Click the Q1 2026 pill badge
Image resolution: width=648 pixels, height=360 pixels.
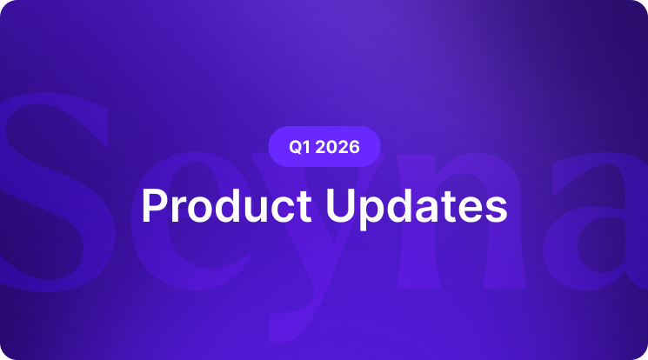(x=324, y=147)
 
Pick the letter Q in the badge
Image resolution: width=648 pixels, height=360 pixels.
(x=296, y=147)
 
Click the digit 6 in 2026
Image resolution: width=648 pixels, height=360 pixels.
(x=352, y=147)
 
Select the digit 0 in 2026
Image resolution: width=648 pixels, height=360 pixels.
(x=331, y=147)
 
